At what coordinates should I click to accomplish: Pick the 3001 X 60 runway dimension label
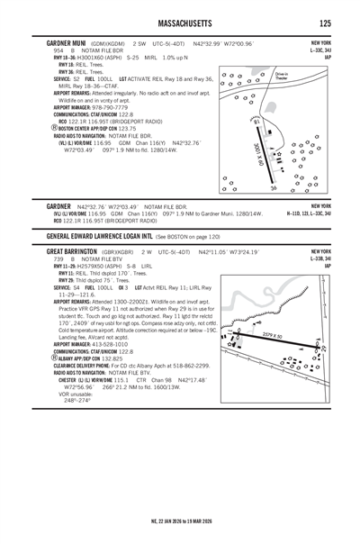(x=258, y=154)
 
